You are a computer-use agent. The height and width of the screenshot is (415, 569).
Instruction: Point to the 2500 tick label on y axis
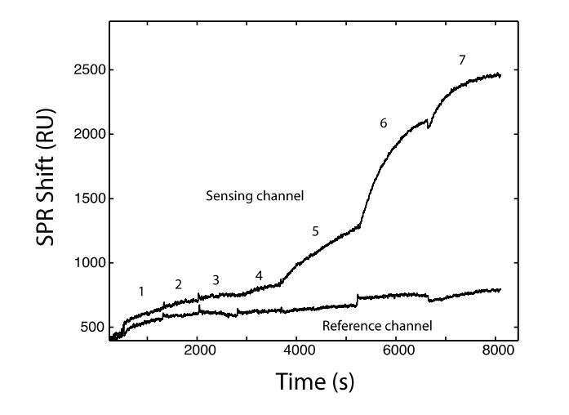pos(89,70)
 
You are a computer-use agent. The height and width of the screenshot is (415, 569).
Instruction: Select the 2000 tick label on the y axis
pos(89,134)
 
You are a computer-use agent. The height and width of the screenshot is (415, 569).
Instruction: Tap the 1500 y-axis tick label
pos(89,199)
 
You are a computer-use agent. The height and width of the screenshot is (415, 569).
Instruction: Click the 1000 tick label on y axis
pos(89,263)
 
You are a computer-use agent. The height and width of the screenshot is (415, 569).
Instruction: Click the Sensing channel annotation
pos(243,196)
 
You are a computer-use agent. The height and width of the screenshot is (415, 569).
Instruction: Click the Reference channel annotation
pos(376,326)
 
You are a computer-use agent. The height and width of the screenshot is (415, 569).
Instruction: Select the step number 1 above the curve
pos(141,291)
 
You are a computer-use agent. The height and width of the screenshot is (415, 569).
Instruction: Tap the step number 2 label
pos(178,284)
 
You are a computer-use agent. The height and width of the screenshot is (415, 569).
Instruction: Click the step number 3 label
pos(216,280)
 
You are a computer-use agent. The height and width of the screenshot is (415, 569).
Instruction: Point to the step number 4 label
pos(259,276)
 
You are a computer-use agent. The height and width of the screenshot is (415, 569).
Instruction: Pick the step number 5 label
pos(315,232)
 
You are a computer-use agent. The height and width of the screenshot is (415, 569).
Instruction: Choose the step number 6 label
pos(382,123)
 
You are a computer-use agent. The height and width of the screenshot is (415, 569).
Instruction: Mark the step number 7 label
pos(462,60)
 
